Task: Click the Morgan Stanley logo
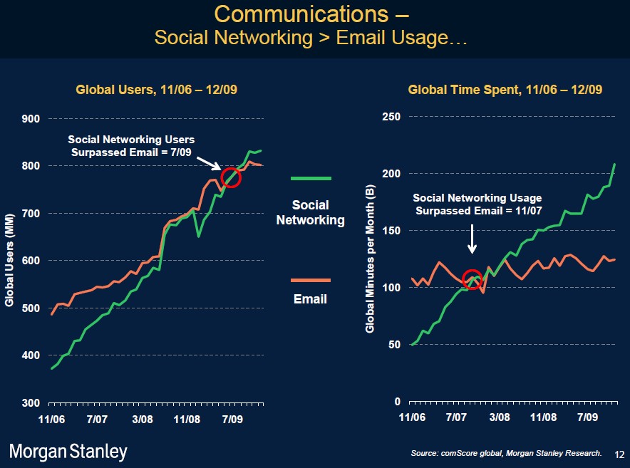coord(68,451)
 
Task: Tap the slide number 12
coord(618,454)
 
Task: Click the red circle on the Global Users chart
coord(232,178)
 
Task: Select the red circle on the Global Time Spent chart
coord(472,279)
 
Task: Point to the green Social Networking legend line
coord(311,178)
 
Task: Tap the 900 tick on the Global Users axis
coord(31,119)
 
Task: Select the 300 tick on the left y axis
coord(31,403)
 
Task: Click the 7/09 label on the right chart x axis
coord(587,418)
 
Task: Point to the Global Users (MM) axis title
coord(9,261)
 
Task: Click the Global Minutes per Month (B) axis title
coord(370,259)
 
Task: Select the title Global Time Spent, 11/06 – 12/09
coord(505,90)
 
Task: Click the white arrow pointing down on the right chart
coord(472,240)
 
